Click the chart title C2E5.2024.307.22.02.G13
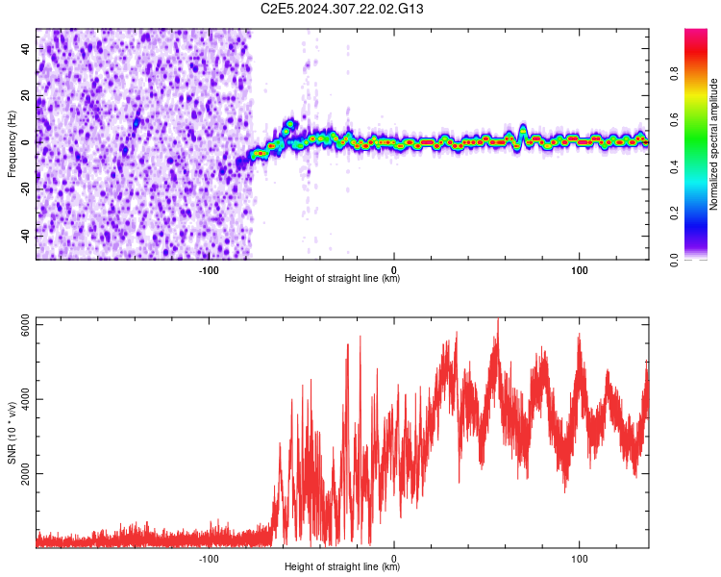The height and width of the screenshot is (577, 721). point(342,9)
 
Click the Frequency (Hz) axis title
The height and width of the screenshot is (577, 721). point(12,143)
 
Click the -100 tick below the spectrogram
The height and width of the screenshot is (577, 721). point(209,269)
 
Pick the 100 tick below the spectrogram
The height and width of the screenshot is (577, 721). point(580,269)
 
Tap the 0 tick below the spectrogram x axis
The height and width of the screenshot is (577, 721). point(394,269)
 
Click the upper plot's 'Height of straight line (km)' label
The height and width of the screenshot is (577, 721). point(342,279)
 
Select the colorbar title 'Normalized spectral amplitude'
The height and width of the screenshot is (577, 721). point(715,143)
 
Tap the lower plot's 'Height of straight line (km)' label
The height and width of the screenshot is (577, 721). point(342,567)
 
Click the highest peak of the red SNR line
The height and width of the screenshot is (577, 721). point(498,319)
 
